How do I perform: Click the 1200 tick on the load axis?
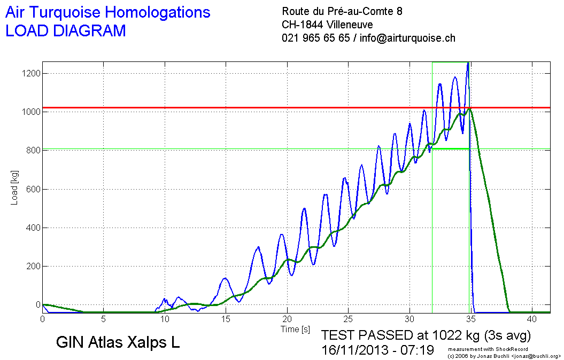28,73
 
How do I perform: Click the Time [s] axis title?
295,329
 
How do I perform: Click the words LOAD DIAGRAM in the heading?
65,31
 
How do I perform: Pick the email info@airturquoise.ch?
407,38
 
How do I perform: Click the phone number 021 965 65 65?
315,38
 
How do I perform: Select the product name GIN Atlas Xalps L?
118,343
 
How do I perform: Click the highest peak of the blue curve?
468,63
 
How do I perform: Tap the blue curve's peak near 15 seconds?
225,278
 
